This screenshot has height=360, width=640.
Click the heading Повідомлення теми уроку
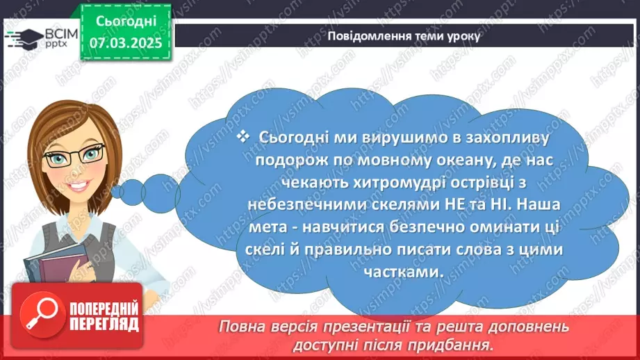[x=403, y=37]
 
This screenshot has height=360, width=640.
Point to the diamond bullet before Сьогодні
[x=243, y=138]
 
